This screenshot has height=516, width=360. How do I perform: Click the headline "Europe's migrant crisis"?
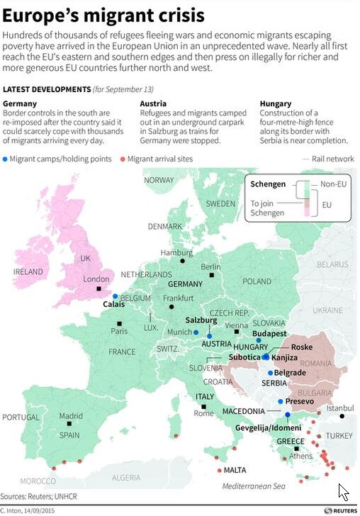[104, 15]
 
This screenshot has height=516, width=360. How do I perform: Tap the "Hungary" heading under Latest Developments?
[276, 103]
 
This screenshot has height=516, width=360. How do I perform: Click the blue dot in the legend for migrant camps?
[6, 159]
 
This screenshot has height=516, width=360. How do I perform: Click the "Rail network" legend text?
[334, 159]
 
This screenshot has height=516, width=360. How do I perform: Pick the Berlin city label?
[210, 267]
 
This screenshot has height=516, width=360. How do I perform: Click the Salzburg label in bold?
[201, 320]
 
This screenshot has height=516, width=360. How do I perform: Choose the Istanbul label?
[340, 408]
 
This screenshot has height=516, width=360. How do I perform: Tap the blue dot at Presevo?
[281, 402]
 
